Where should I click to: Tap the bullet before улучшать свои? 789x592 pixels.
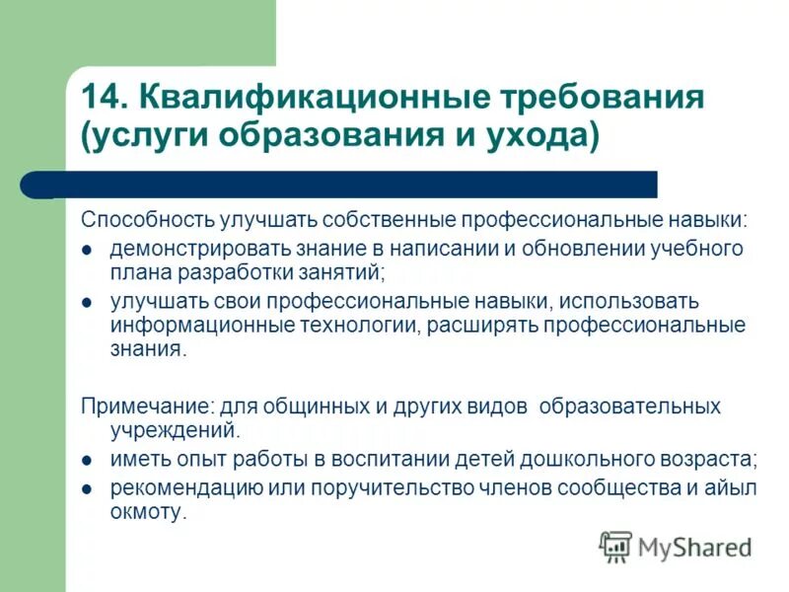click(87, 302)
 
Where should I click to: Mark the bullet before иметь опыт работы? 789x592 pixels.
click(87, 462)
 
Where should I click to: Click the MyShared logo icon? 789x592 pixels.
click(614, 546)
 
